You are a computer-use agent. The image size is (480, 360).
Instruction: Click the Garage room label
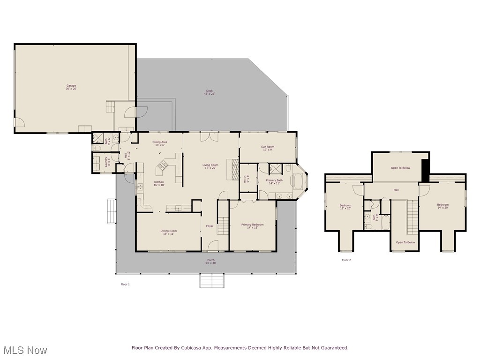point(71,87)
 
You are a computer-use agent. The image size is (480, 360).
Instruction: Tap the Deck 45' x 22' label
point(209,92)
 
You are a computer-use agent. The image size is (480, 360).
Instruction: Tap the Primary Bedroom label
point(252,226)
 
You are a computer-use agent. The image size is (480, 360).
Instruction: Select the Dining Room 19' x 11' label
point(168,232)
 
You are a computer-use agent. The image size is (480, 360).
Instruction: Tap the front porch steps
point(212,281)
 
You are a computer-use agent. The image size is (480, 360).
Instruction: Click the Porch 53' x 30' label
point(211,262)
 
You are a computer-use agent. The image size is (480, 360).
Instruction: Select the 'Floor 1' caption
point(125,285)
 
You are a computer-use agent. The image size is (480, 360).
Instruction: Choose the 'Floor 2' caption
point(346,260)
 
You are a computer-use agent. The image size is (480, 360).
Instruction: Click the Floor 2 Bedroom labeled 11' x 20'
point(345,207)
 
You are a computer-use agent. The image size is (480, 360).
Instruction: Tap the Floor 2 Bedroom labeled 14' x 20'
point(442,206)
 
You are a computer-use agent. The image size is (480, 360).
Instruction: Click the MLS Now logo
point(24,350)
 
